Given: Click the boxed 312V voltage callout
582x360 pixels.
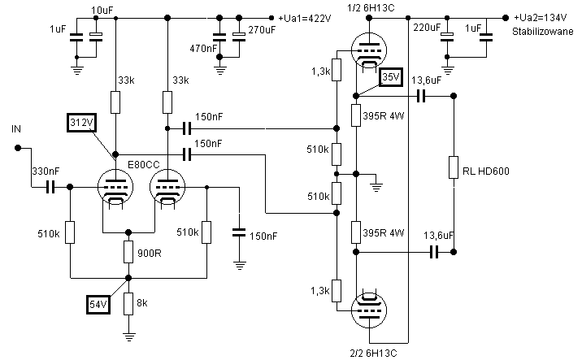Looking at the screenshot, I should (80, 123).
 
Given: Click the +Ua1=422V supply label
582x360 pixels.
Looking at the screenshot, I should (310, 17).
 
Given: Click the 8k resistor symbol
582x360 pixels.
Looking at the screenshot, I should (128, 304).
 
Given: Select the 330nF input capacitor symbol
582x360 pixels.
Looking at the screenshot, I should (49, 187).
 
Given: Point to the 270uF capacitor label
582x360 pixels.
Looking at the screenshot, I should (261, 29).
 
